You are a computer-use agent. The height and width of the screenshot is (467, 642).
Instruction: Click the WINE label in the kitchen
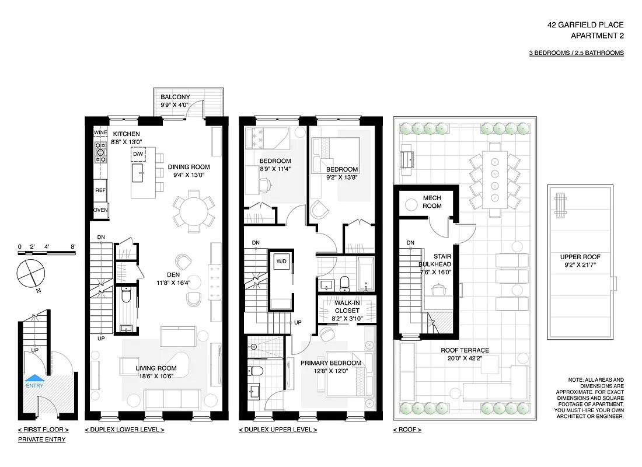100,133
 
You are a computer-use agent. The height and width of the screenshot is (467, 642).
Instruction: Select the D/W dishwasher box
138,154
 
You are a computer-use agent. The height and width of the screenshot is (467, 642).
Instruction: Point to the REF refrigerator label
100,190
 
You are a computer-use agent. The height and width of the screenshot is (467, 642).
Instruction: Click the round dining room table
193,211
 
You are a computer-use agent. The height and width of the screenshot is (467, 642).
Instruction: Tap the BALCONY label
175,97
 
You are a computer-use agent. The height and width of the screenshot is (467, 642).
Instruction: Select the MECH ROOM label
432,202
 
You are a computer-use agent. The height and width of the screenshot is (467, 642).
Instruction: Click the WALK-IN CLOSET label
347,306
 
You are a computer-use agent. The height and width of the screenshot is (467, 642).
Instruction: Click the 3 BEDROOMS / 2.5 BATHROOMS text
575,53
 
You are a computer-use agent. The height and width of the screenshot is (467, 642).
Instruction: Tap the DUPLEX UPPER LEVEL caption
278,430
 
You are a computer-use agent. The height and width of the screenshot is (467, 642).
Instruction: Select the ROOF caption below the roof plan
407,430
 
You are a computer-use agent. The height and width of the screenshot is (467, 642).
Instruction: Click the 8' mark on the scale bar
73,247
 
